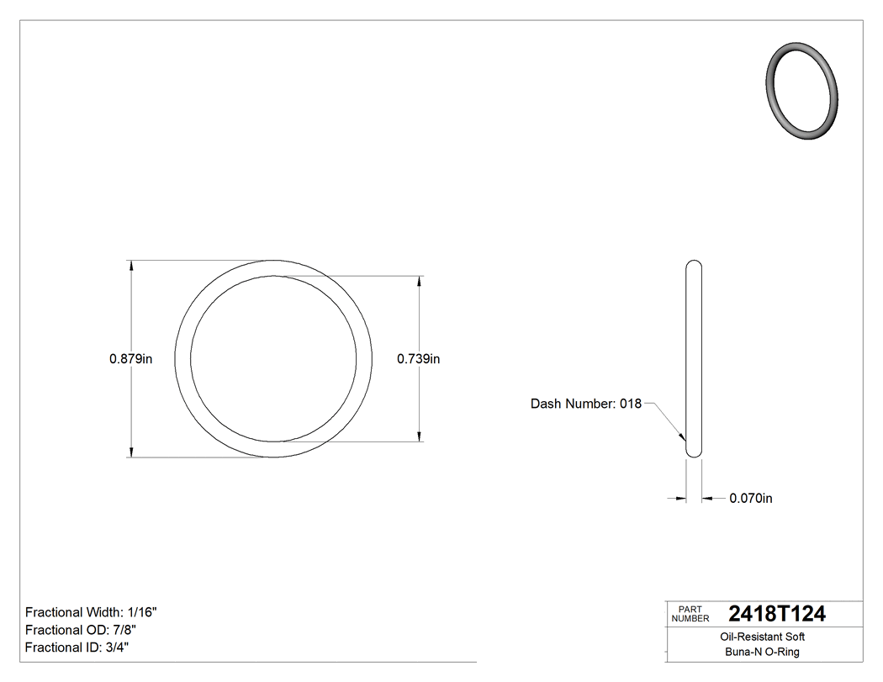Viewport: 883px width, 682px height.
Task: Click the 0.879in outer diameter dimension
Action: pyautogui.click(x=130, y=358)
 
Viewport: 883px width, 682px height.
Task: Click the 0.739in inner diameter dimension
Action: pyautogui.click(x=419, y=358)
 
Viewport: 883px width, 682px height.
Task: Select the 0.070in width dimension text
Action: pyautogui.click(x=750, y=498)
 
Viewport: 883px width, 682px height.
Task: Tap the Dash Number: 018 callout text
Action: pyautogui.click(x=585, y=404)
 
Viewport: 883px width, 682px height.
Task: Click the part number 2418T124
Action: pyautogui.click(x=777, y=614)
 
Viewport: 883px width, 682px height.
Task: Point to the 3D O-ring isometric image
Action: pyautogui.click(x=803, y=90)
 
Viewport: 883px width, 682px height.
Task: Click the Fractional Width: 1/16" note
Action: pyautogui.click(x=92, y=612)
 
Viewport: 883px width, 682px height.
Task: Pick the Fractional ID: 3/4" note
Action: pyautogui.click(x=77, y=648)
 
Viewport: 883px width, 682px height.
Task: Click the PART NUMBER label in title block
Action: pyautogui.click(x=691, y=614)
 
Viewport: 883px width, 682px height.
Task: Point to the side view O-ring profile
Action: pyautogui.click(x=694, y=358)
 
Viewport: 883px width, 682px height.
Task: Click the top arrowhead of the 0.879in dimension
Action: pyautogui.click(x=131, y=266)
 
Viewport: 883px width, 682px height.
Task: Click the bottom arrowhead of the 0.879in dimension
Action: pyautogui.click(x=131, y=452)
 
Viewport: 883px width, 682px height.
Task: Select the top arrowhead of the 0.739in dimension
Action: pyautogui.click(x=420, y=281)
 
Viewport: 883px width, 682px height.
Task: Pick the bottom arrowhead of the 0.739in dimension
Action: pyautogui.click(x=420, y=436)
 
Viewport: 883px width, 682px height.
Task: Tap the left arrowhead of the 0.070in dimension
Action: pyautogui.click(x=681, y=499)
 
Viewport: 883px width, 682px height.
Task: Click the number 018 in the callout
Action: pyautogui.click(x=631, y=404)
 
